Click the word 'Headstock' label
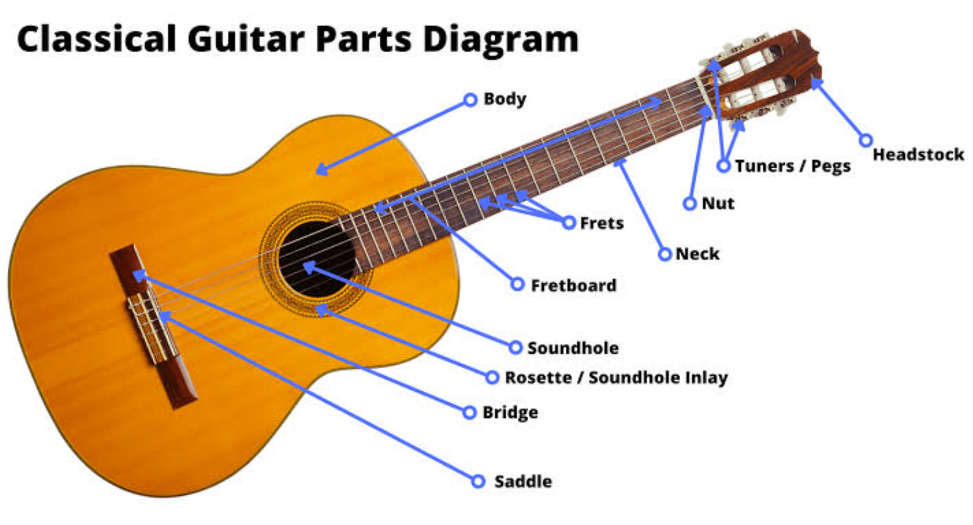coord(918,154)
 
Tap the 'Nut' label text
coord(718,203)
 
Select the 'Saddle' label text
coord(523,481)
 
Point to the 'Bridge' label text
coord(510,413)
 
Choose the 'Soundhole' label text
coord(573,348)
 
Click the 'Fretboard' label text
coord(573,286)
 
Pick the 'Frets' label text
coord(602,223)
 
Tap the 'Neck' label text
coord(697,253)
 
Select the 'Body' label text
coord(505,99)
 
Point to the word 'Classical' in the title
coord(97,38)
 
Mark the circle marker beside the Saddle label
coord(478,481)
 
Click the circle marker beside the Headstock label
coord(865,140)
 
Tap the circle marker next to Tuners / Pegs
coord(723,165)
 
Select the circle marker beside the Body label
coord(470,100)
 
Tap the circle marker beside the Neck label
coord(665,254)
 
